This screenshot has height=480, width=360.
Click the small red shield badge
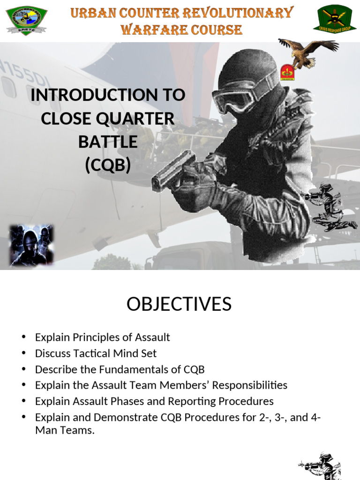[x=287, y=73]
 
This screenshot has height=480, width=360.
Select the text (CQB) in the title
[x=108, y=165]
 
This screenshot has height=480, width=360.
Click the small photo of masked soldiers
[x=31, y=245]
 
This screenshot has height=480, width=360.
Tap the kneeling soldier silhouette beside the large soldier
[x=328, y=206]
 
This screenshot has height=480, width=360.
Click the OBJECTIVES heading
[x=179, y=304]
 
